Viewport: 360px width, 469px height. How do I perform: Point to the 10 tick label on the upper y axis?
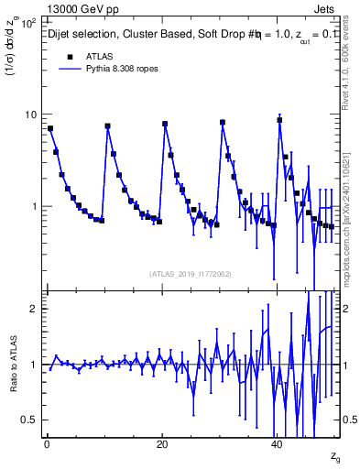pyautogui.click(x=29, y=115)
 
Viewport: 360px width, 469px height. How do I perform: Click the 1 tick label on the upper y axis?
pyautogui.click(x=33, y=206)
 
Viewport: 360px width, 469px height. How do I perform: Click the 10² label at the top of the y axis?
pyautogui.click(x=27, y=22)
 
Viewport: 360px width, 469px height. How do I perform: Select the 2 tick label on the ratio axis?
pyautogui.click(x=33, y=309)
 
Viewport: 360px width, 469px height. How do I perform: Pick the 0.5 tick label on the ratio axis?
pyautogui.click(x=28, y=420)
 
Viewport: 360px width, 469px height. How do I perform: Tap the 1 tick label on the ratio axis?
pyautogui.click(x=33, y=365)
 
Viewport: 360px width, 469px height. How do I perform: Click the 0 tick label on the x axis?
pyautogui.click(x=47, y=443)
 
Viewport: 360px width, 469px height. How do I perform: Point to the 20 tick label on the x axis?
pyautogui.click(x=162, y=443)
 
